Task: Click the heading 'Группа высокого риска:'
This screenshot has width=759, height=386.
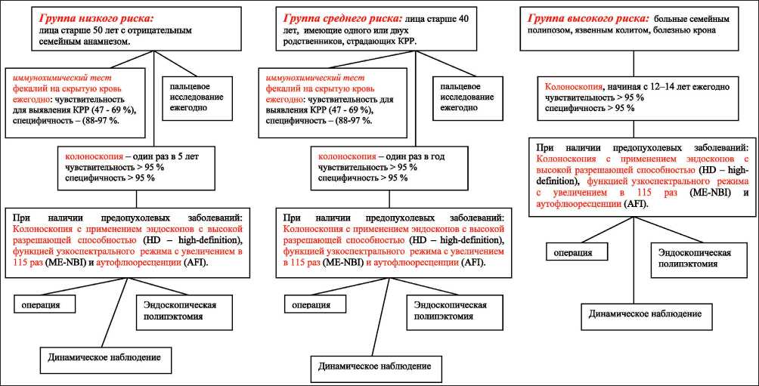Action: pyautogui.click(x=587, y=17)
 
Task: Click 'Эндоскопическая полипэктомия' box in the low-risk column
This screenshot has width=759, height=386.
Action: pyautogui.click(x=181, y=310)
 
